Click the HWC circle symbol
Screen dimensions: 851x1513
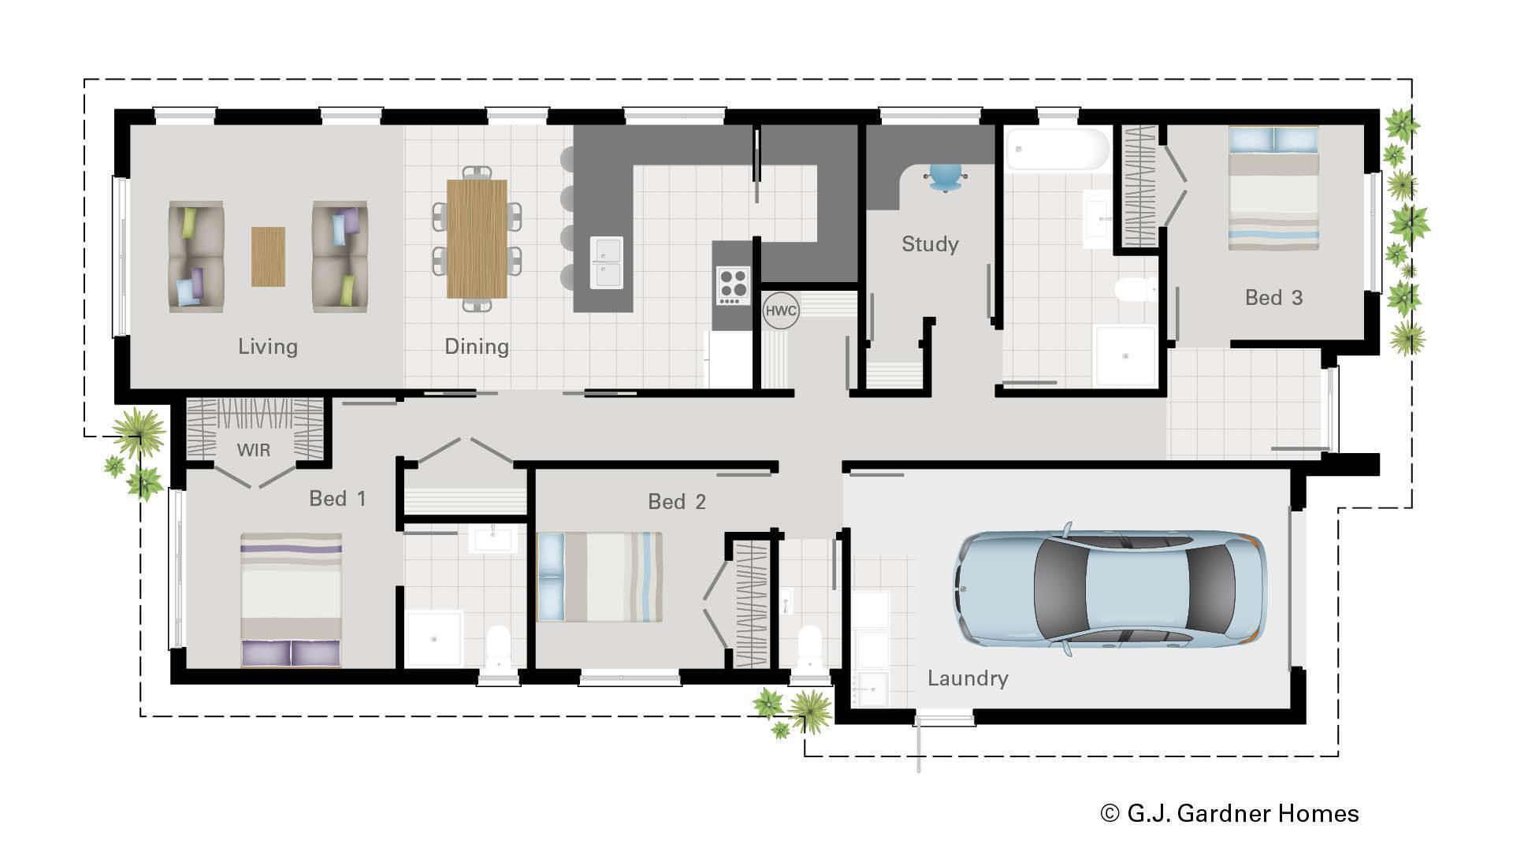(x=781, y=310)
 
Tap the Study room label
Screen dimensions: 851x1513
(x=930, y=244)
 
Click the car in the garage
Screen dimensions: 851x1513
(x=1110, y=589)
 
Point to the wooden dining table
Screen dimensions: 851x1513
(x=477, y=239)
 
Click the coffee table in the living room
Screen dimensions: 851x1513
(x=268, y=256)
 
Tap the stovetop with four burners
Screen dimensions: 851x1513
(x=732, y=285)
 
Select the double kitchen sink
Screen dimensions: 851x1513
(x=606, y=262)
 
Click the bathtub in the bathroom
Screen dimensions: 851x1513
(x=1057, y=151)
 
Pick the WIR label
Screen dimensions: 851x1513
(x=254, y=450)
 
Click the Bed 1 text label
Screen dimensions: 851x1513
(x=337, y=499)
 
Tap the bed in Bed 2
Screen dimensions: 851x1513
(x=599, y=577)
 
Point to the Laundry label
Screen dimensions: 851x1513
(x=968, y=678)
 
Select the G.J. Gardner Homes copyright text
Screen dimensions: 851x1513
(x=1229, y=813)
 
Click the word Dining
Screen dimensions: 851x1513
(x=477, y=347)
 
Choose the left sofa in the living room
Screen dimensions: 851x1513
(x=196, y=256)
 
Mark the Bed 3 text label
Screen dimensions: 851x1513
(x=1273, y=298)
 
